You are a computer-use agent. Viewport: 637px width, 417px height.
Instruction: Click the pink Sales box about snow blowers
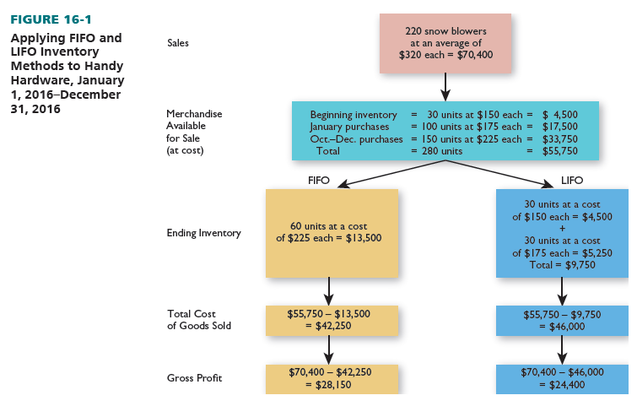[x=445, y=44]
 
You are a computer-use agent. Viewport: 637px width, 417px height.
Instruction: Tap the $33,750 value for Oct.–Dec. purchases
[x=559, y=138]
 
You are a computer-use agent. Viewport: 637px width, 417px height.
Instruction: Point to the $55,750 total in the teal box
[x=559, y=151]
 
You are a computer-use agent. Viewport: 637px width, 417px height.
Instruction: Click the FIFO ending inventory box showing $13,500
[x=331, y=232]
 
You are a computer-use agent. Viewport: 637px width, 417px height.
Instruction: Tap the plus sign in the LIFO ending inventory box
[x=561, y=228]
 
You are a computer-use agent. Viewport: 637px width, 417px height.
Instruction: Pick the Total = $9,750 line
[x=561, y=264]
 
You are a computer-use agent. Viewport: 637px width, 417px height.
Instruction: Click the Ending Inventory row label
[x=203, y=233]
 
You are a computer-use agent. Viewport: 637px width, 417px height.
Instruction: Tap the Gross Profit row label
[x=194, y=378]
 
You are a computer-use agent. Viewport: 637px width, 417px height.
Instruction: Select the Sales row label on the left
[x=178, y=43]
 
